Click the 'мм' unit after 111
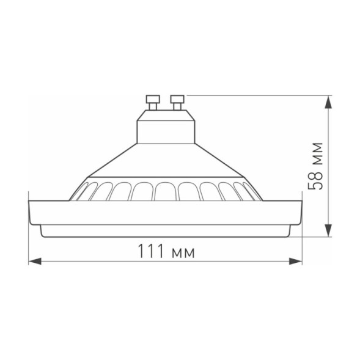tap(182, 252)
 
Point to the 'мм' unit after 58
tap(316, 153)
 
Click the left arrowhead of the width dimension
tap(34, 262)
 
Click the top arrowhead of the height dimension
tap(328, 101)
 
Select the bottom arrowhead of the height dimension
tap(328, 231)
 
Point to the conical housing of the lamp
tap(165, 162)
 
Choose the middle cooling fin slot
tap(165, 191)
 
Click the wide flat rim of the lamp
tap(165, 213)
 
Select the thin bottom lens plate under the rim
tap(165, 232)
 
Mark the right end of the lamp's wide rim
tap(299, 211)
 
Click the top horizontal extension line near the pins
tap(257, 95)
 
